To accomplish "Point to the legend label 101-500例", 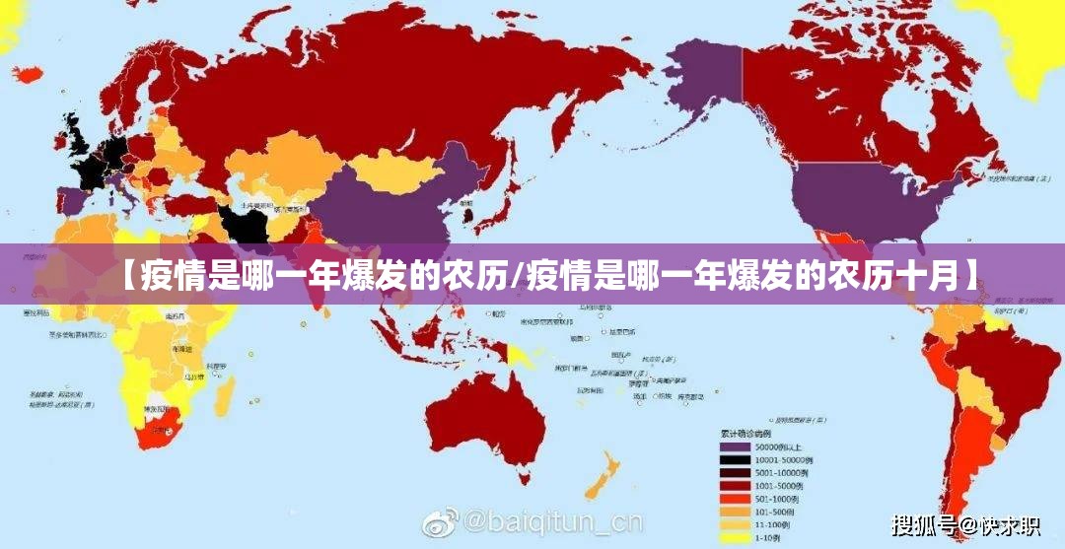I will pos(773,513).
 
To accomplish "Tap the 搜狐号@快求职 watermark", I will pos(964,524).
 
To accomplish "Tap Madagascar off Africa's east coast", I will pos(226,394).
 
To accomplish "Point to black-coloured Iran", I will pos(247,222).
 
